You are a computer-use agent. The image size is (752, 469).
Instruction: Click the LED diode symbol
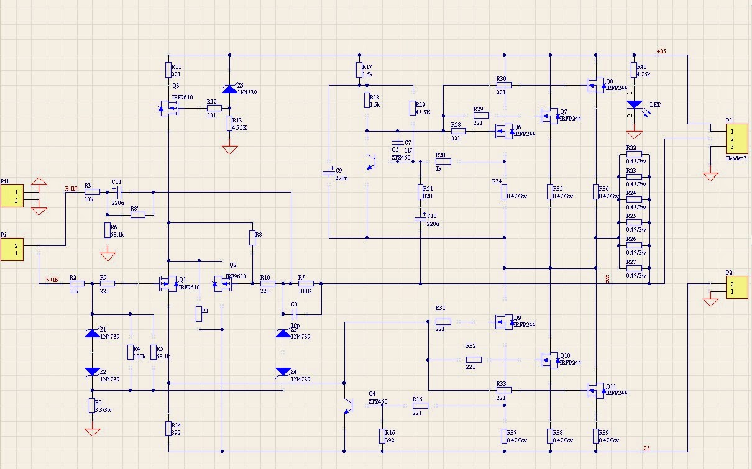click(x=634, y=105)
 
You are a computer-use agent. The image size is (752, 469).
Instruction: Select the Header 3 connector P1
click(x=736, y=139)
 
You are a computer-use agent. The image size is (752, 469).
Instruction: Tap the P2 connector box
click(x=736, y=288)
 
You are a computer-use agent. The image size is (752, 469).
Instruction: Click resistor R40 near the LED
click(x=634, y=70)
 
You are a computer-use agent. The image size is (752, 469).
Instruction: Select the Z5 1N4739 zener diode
click(x=230, y=89)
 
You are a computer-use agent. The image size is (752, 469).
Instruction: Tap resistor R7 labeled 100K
click(x=305, y=284)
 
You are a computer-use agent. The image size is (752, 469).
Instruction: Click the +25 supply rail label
click(x=661, y=51)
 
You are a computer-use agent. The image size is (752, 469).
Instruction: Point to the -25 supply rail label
click(x=646, y=448)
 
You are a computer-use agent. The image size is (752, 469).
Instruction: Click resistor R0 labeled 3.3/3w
click(x=92, y=406)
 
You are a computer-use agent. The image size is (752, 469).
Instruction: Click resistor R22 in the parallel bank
click(x=634, y=154)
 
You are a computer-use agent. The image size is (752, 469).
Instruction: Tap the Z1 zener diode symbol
click(x=92, y=334)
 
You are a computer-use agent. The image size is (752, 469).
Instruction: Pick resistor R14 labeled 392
click(x=168, y=428)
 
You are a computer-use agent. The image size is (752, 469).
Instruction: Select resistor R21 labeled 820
click(x=421, y=192)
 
